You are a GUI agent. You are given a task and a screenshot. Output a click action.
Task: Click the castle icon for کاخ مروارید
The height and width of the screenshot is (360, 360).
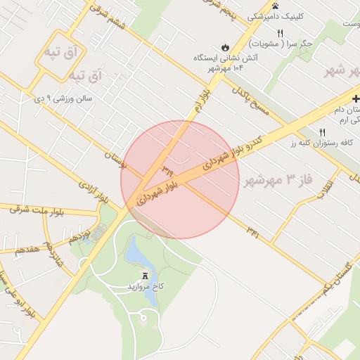click(145, 275)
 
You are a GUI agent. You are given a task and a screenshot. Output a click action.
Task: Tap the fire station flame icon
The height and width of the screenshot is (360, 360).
click(225, 47)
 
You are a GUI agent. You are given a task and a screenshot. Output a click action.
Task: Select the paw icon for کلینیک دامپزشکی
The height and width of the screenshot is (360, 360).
click(275, 6)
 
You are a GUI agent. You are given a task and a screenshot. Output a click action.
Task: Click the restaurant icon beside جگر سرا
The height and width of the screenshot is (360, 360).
click(281, 33)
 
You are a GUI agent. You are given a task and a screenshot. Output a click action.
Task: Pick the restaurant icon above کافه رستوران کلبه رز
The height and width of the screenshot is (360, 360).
click(323, 131)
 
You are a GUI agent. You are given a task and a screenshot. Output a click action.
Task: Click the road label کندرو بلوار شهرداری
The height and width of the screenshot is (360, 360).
click(233, 151)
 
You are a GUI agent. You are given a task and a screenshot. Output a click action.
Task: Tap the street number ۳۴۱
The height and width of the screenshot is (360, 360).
click(252, 232)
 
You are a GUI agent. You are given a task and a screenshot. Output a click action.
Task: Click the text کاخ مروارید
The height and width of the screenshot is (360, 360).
click(145, 287)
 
